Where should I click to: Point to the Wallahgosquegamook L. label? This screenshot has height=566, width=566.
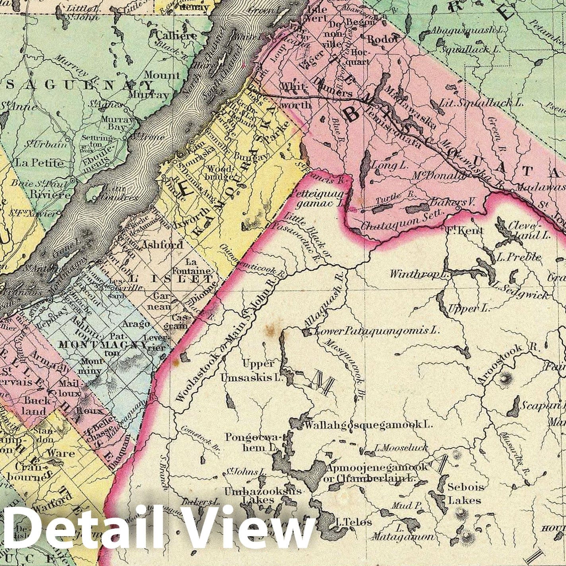[x=368, y=425]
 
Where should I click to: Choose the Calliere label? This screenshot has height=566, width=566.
[x=176, y=35]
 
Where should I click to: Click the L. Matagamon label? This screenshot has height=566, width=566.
[x=402, y=533]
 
